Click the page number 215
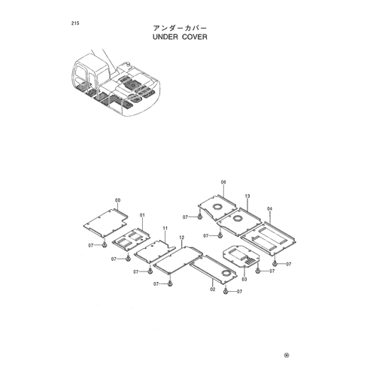75,23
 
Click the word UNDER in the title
165,37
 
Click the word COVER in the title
195,37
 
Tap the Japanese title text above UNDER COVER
180,28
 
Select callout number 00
117,200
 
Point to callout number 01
142,215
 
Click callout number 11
165,228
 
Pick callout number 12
182,238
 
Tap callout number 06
223,182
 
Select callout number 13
247,196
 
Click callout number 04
269,208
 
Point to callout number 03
244,279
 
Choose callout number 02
213,290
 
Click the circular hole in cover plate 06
217,207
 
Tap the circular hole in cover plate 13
237,218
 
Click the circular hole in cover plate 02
226,273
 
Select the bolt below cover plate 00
105,244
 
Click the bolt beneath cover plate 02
226,291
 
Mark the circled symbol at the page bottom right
287,355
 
